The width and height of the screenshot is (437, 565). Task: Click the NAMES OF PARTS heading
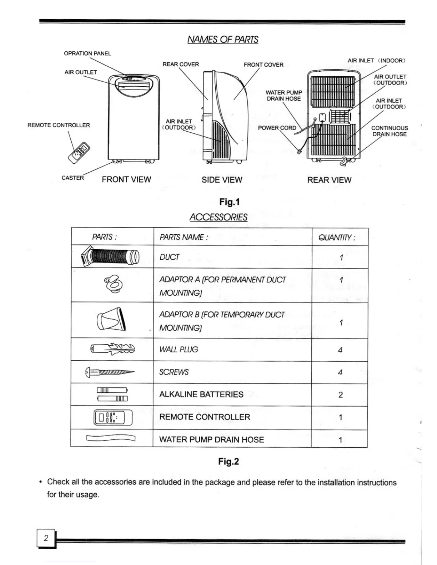[x=223, y=39]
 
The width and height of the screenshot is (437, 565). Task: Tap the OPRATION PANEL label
[x=87, y=54]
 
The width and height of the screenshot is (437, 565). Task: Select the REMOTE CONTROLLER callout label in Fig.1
[x=59, y=125]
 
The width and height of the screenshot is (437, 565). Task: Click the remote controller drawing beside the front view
[x=79, y=152]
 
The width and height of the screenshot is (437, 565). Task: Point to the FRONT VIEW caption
[x=126, y=179]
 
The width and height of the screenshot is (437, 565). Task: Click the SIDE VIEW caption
[x=222, y=180]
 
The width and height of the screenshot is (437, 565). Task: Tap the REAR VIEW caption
[x=329, y=180]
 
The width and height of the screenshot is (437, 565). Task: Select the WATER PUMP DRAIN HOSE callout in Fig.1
[x=284, y=96]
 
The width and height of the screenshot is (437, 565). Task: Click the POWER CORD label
[x=277, y=128]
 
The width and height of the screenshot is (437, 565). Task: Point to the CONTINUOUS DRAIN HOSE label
[x=390, y=131]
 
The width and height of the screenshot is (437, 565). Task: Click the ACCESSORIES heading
[x=218, y=217]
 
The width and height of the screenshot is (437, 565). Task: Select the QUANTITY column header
[x=337, y=237]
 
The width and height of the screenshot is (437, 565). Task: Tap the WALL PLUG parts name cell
[x=179, y=350]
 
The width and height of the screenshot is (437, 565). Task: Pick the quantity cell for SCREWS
[x=340, y=372]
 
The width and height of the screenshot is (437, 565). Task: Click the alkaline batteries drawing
[x=112, y=394]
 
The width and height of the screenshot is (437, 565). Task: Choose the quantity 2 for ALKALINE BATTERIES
[x=340, y=395]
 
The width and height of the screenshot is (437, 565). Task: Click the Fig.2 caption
[x=228, y=462]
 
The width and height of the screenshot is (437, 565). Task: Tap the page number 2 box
[x=46, y=538]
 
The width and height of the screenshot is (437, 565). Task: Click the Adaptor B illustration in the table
[x=111, y=319]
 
